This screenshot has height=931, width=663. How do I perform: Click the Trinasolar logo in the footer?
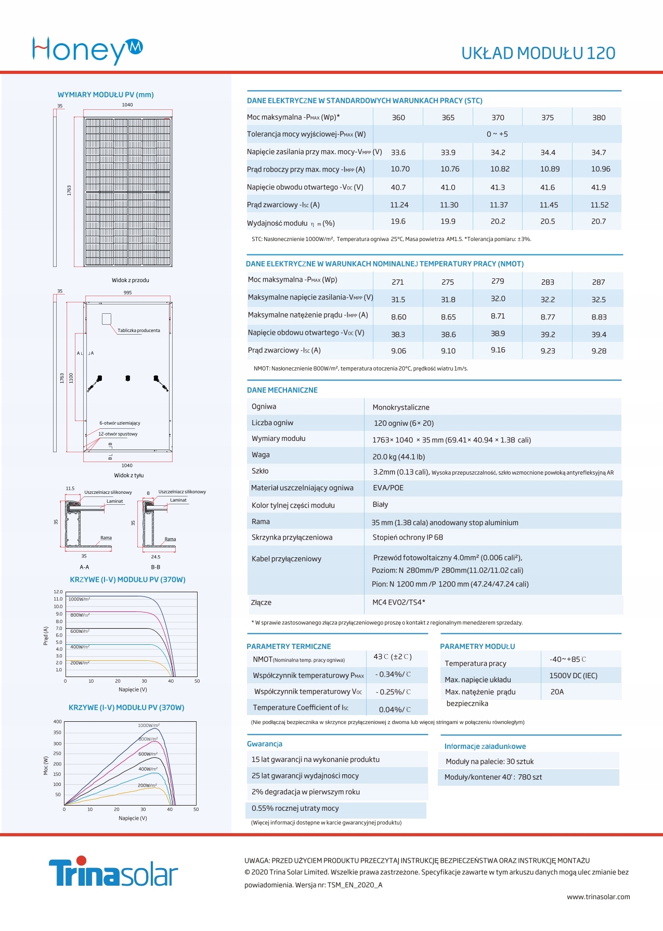pos(113,872)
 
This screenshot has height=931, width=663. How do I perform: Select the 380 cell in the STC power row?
pos(599,118)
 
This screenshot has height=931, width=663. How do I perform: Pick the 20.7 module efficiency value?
pos(598,222)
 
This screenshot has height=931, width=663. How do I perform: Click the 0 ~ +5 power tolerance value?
pos(497,134)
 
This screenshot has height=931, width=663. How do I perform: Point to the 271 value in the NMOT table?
pos(398,282)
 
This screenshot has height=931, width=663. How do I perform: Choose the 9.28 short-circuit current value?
pos(599,351)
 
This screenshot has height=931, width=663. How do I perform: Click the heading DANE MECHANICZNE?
pos(282,390)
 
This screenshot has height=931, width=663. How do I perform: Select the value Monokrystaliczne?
pos(401,407)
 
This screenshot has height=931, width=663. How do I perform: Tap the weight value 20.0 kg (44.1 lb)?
pos(398,457)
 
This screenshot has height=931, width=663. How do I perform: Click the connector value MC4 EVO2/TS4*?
pos(399,603)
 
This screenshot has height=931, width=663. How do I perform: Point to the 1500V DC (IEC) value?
pos(573,676)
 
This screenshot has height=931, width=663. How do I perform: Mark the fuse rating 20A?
pos(557,692)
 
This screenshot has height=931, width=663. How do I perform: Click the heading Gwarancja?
pos(265,744)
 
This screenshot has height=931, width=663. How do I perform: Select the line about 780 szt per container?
pos(493,777)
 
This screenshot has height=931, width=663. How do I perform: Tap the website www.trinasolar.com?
pos(598,897)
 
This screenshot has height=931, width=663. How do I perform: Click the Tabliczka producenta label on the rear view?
pos(139,330)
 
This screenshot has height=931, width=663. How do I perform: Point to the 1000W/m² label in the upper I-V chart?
pos(79,600)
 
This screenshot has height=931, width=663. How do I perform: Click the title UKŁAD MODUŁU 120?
pos(538,53)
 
